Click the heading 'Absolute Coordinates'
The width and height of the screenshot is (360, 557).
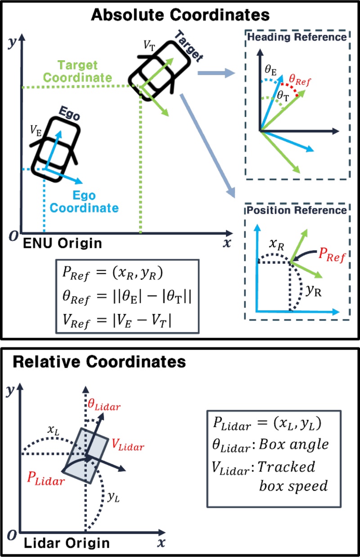[x=180, y=14]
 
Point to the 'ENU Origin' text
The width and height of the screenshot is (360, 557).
[x=62, y=243]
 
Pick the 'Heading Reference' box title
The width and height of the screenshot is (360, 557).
[x=295, y=37]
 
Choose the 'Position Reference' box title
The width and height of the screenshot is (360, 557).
[x=295, y=210]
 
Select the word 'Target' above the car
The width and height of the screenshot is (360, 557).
[x=188, y=45]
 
